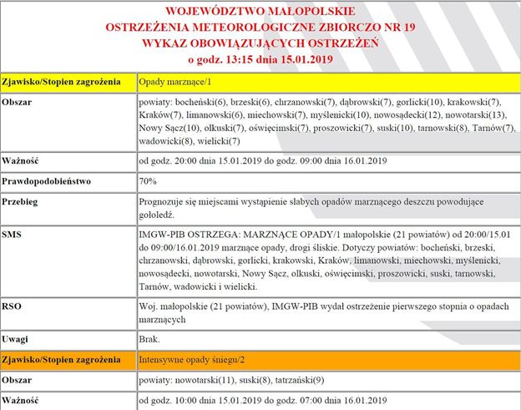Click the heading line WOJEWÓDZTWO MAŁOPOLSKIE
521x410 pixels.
click(x=260, y=12)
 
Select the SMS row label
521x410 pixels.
click(x=14, y=235)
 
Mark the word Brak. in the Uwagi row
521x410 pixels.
click(x=151, y=339)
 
